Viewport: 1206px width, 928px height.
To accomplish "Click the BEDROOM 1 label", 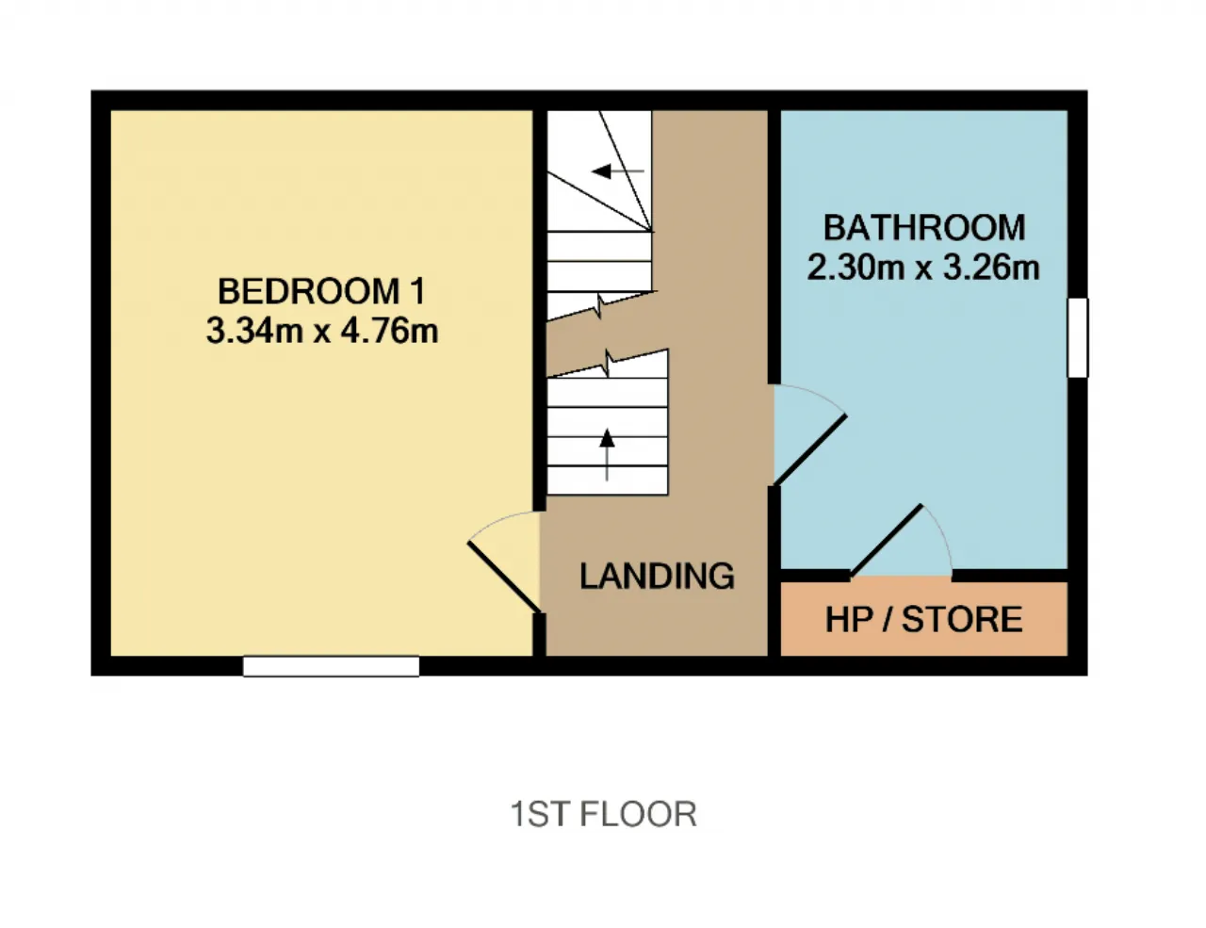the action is click(x=321, y=291).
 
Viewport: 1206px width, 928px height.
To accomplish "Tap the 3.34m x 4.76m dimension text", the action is click(x=322, y=330).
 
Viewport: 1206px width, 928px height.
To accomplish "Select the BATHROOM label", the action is click(x=924, y=227).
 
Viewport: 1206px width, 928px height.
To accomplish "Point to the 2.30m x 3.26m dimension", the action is click(x=923, y=268).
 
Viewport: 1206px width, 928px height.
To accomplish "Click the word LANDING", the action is click(x=657, y=576).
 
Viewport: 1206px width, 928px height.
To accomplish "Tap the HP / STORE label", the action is click(x=924, y=619).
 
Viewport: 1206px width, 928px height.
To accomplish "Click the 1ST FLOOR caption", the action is click(x=603, y=814).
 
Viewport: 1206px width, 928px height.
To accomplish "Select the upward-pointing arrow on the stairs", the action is click(x=607, y=455).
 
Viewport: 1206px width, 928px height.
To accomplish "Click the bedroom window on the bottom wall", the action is click(x=331, y=666).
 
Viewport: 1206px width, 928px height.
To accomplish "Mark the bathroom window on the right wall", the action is click(x=1078, y=338).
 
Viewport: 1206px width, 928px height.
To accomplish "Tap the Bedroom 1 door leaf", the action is click(x=504, y=577).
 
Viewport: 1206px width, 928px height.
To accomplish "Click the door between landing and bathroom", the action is click(x=809, y=449).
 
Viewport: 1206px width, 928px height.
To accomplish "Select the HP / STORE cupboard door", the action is click(x=887, y=541).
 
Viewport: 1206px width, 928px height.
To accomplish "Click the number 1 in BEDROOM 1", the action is click(x=419, y=291).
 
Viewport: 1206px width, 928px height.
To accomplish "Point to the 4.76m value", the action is click(x=389, y=330).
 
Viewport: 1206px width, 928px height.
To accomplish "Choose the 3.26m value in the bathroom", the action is click(x=991, y=268).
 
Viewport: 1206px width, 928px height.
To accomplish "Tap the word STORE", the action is click(x=962, y=619).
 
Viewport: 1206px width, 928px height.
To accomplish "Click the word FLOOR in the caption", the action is click(x=638, y=814).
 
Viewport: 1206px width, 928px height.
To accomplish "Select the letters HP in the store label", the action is click(x=848, y=619).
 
